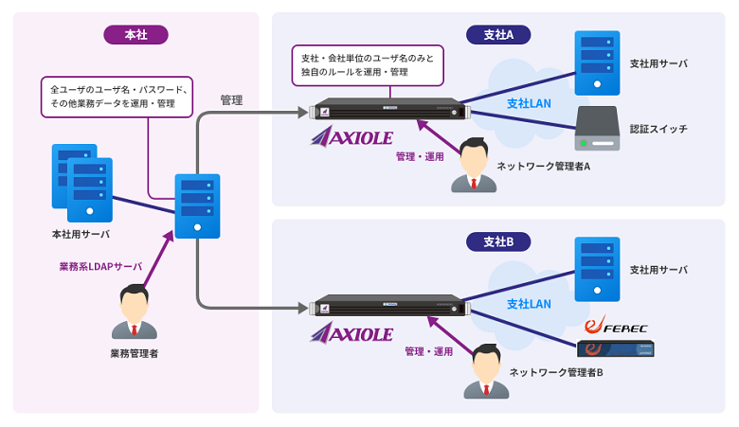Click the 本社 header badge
135,35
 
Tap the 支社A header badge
497,35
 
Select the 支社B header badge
497,242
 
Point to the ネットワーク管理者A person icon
473,167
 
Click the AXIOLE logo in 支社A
351,138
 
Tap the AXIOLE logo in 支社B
351,333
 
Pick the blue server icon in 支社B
598,268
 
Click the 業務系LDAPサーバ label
100,267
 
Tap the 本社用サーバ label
81,233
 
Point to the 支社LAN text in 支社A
529,101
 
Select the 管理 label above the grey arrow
231,98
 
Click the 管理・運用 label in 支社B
428,351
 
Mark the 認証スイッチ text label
659,129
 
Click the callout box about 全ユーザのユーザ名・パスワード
117,97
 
